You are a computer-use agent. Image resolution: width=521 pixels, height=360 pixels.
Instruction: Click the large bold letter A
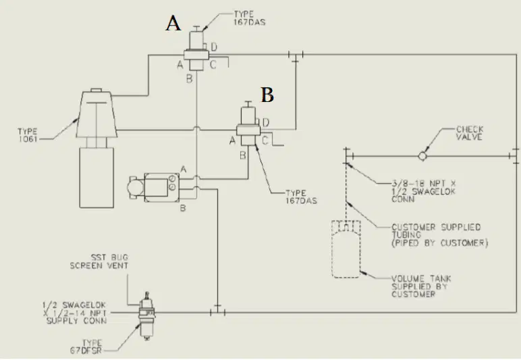tap(173, 23)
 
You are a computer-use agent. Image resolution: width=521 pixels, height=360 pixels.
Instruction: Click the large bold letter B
tap(267, 95)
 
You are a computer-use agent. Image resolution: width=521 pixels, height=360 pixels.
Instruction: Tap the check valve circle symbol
tap(422, 155)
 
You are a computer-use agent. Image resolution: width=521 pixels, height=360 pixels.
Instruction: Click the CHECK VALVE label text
tap(470, 133)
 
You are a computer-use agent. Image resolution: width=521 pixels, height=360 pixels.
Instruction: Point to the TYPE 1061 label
tap(28, 135)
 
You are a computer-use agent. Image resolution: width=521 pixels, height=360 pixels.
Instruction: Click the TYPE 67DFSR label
tap(86, 346)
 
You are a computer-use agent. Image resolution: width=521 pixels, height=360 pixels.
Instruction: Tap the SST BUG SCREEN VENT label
tap(99, 261)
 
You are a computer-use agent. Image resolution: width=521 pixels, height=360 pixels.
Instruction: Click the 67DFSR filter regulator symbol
tap(146, 316)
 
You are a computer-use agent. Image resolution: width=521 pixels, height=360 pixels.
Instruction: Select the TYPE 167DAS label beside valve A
tap(250, 18)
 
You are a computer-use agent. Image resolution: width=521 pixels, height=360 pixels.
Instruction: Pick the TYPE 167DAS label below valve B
tap(301, 197)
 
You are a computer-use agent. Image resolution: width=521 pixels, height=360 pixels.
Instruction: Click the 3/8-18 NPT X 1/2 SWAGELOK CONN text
tap(424, 191)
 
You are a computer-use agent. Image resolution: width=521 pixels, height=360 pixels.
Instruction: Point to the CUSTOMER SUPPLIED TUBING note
tap(439, 235)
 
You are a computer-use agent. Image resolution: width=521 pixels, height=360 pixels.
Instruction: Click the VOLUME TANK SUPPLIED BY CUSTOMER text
tap(421, 286)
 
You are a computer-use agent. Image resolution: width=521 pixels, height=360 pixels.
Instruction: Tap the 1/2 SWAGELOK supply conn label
tap(75, 313)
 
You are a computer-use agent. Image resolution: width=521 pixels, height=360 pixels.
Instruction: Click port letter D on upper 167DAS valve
tap(214, 47)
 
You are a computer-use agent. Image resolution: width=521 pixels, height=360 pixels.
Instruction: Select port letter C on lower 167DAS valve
tap(265, 140)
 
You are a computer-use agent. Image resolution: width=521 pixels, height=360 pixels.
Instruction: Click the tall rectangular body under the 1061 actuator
tap(97, 178)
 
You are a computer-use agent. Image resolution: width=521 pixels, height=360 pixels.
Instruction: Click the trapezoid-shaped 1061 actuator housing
tap(97, 114)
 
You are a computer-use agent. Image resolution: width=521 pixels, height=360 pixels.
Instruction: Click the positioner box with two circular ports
tap(162, 188)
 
